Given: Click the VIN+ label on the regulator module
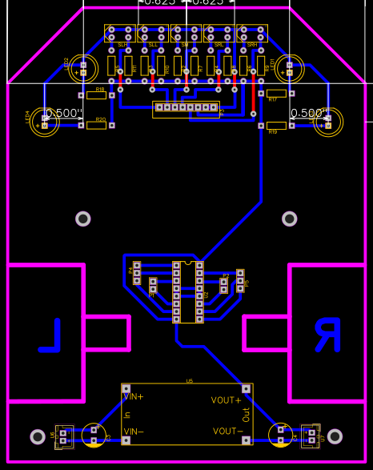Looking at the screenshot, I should point(133,396).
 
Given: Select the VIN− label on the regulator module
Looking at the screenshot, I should point(133,432).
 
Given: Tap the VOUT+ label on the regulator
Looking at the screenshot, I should point(226,400).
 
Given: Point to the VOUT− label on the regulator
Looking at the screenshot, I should point(226,431).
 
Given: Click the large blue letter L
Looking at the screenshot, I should point(50,335).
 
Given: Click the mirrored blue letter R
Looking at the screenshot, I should point(327,335).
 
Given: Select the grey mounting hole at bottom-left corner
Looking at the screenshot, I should point(38,436).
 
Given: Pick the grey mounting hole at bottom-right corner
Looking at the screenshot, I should point(335,436).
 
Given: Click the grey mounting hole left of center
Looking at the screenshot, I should point(83,218).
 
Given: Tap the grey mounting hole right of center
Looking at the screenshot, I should point(289,218).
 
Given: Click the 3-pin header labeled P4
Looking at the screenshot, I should point(137,272).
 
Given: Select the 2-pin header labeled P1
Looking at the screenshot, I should point(153,285).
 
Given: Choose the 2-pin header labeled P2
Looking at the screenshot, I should point(224,284).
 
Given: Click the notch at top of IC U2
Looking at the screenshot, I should point(188,263).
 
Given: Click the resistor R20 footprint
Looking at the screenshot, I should point(97,126).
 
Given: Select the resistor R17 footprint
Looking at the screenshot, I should point(276,93).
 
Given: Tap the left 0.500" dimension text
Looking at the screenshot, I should point(65,113).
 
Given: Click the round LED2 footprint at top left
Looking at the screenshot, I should point(82,68).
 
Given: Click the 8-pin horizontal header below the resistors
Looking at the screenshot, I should point(186,107).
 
